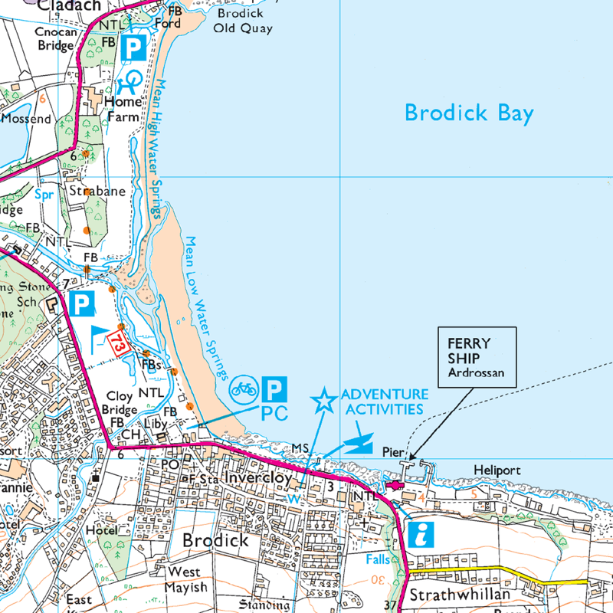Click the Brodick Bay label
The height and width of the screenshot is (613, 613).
point(469,113)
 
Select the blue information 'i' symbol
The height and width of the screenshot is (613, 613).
point(419,534)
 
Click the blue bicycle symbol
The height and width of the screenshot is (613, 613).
point(244,390)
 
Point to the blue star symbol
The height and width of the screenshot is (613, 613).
point(323,400)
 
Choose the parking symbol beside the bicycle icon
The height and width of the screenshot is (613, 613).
point(274,390)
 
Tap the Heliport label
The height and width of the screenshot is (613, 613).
point(497,470)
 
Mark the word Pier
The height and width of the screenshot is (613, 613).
point(392,453)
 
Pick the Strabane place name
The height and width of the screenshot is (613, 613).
point(97,191)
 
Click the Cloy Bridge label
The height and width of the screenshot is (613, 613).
point(119,402)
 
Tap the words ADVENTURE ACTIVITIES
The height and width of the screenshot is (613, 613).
point(382,402)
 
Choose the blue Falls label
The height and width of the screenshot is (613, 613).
point(378,559)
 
